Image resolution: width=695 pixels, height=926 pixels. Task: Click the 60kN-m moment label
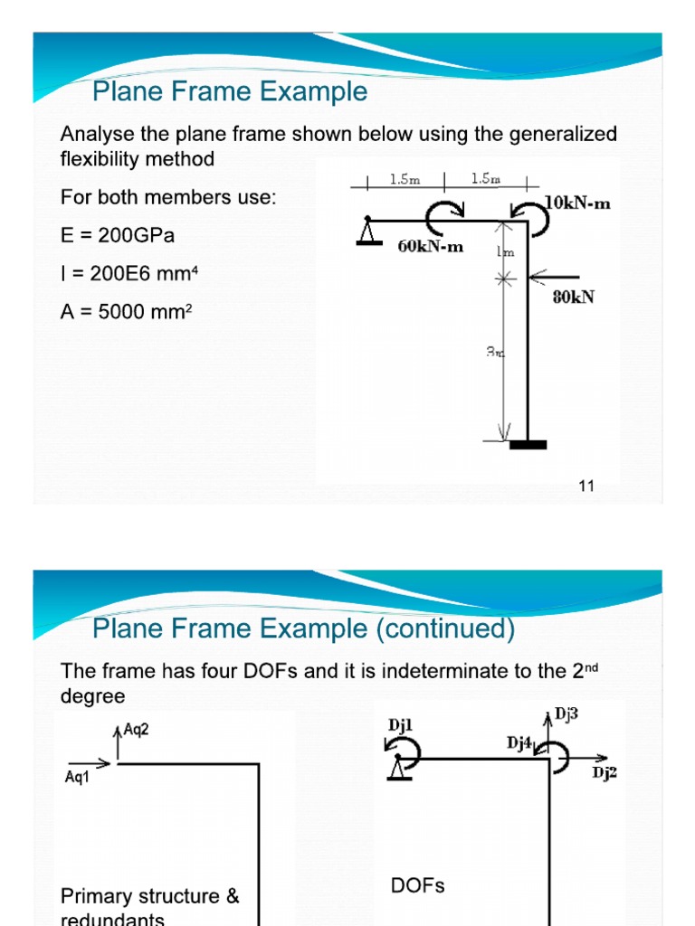[x=430, y=246]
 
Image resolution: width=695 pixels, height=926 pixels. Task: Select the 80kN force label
[x=574, y=297]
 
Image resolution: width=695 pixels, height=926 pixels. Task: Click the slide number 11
[x=586, y=487]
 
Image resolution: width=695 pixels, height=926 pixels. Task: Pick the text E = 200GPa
[x=118, y=235]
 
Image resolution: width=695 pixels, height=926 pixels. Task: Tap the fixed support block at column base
[x=528, y=444]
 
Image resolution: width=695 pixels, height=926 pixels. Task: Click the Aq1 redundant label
[x=78, y=778]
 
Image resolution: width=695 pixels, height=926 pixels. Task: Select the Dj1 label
[x=400, y=724]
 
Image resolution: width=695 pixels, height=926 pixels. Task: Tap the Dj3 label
[x=566, y=714]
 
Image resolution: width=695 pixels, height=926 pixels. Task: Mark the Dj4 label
[x=519, y=743]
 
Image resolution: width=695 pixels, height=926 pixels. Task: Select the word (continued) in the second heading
[x=447, y=628]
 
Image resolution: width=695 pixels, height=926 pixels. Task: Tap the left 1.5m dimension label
[x=405, y=179]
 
